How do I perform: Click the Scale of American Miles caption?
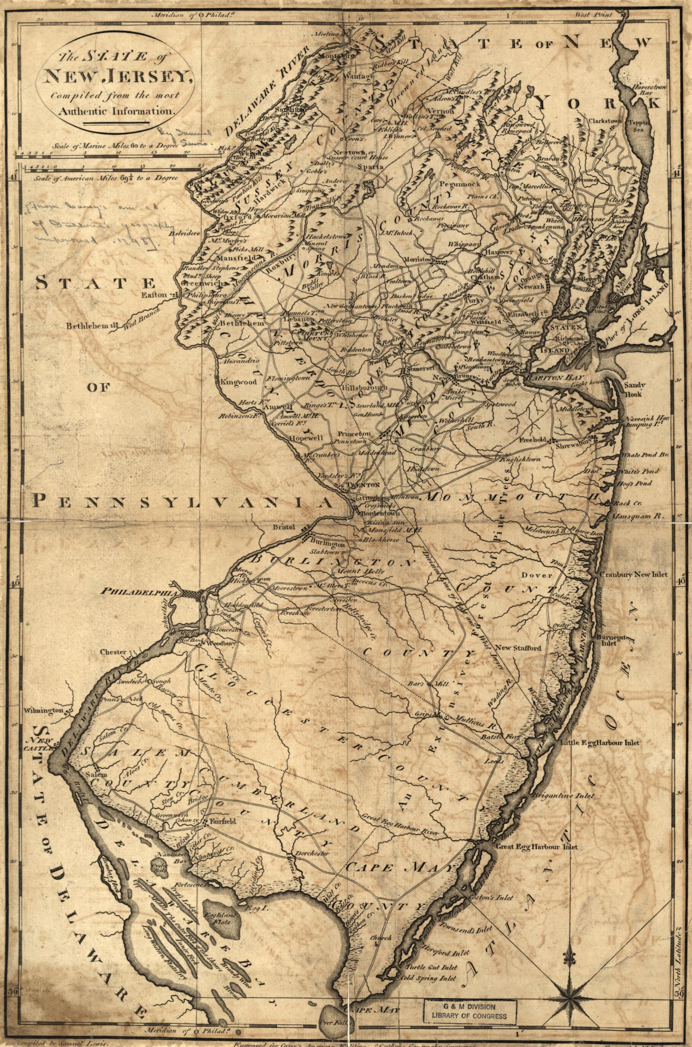pyautogui.click(x=105, y=178)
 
